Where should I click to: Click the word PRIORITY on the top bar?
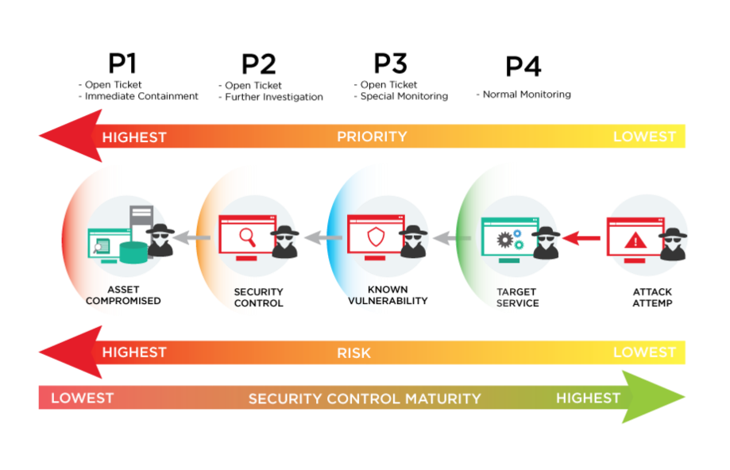click(372, 137)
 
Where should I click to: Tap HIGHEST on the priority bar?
click(134, 137)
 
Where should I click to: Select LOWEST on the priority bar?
click(644, 137)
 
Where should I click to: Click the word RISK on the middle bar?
click(353, 352)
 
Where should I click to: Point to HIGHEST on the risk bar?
click(134, 352)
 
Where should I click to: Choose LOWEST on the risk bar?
click(644, 352)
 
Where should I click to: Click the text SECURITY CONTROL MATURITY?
click(365, 399)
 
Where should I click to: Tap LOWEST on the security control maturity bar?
click(82, 398)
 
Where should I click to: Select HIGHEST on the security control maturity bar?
click(589, 398)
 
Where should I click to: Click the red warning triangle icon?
click(635, 240)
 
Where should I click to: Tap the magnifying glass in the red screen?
click(247, 236)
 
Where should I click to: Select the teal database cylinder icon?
click(133, 252)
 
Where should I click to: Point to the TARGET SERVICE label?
click(518, 298)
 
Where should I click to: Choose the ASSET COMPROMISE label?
click(117, 295)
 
